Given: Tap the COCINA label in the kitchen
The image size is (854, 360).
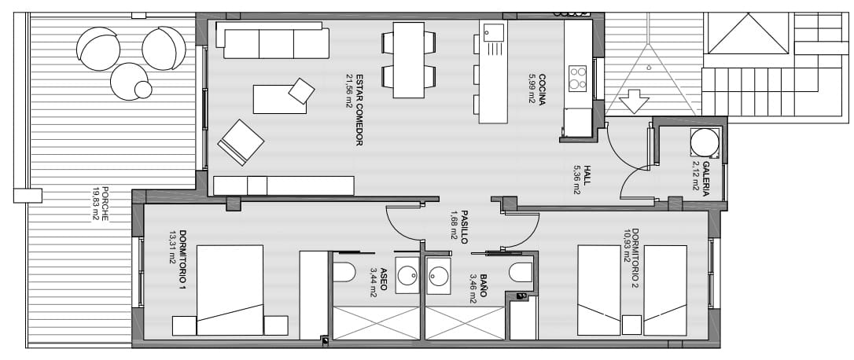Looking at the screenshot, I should (x=542, y=86).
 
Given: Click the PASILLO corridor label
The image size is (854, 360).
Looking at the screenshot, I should (x=463, y=226).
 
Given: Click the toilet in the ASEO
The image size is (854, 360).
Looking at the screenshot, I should (x=344, y=272).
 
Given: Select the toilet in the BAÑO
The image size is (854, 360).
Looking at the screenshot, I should (x=521, y=273).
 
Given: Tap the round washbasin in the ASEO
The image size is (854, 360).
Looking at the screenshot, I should (x=407, y=276).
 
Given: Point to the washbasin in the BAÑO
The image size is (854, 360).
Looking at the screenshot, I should (x=438, y=276).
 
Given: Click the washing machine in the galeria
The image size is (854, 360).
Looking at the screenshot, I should (x=704, y=142).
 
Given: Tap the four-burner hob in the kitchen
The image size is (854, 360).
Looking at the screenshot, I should (x=578, y=77).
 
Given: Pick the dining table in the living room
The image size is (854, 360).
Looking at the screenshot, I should (x=408, y=60).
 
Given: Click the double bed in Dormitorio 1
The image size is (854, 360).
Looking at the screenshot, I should (x=229, y=290).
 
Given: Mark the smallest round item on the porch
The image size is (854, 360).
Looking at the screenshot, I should (x=143, y=90).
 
